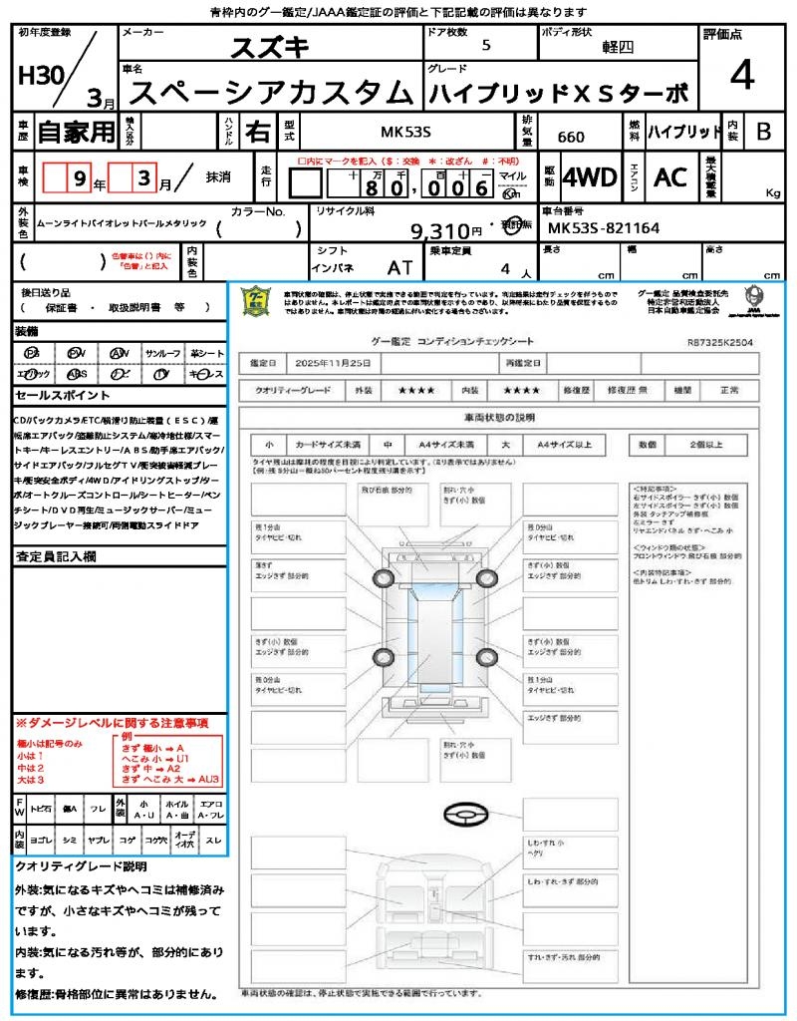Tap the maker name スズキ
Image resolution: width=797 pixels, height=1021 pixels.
pyautogui.click(x=271, y=47)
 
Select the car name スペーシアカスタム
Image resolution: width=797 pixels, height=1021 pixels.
pyautogui.click(x=271, y=93)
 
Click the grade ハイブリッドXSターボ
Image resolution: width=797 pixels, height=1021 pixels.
pyautogui.click(x=558, y=93)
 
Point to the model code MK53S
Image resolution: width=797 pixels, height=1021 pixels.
pyautogui.click(x=406, y=132)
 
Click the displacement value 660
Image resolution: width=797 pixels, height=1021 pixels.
pyautogui.click(x=571, y=138)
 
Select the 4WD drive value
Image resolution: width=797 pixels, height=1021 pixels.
pyautogui.click(x=590, y=177)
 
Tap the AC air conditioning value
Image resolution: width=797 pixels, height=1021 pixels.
pyautogui.click(x=669, y=177)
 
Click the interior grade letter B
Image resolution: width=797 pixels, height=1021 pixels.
pyautogui.click(x=763, y=132)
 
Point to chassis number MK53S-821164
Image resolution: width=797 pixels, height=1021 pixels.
pyautogui.click(x=604, y=228)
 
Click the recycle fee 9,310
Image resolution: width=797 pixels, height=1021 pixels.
pyautogui.click(x=439, y=231)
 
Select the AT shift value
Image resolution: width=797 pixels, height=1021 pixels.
pyautogui.click(x=399, y=268)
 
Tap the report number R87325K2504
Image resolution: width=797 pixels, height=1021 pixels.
pyautogui.click(x=719, y=341)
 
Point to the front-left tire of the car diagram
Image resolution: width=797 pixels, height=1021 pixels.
pyautogui.click(x=385, y=578)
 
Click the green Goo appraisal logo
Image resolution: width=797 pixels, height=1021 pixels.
pyautogui.click(x=257, y=300)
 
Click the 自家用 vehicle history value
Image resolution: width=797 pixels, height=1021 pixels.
pyautogui.click(x=77, y=131)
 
